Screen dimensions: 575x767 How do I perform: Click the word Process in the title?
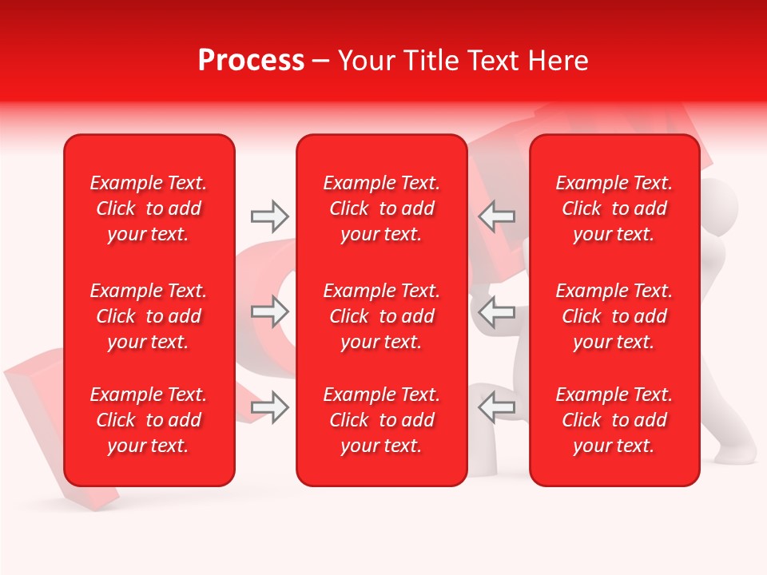pyautogui.click(x=251, y=61)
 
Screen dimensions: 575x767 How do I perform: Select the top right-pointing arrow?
pyautogui.click(x=269, y=216)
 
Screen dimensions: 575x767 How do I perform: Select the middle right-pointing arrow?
pyautogui.click(x=269, y=311)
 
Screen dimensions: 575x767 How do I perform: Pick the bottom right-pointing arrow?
pyautogui.click(x=269, y=407)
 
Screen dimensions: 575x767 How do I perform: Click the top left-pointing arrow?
pyautogui.click(x=497, y=216)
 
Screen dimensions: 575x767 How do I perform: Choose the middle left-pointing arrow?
pyautogui.click(x=497, y=311)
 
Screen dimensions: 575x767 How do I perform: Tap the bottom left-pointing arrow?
pyautogui.click(x=497, y=407)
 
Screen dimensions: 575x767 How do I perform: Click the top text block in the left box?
pyautogui.click(x=149, y=208)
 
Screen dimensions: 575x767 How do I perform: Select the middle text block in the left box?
pyautogui.click(x=149, y=316)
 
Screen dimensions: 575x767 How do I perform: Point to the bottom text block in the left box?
pyautogui.click(x=149, y=420)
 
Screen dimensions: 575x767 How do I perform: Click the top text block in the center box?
pyautogui.click(x=381, y=208)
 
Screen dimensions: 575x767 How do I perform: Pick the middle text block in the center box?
pyautogui.click(x=381, y=316)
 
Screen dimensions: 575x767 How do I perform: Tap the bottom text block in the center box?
pyautogui.click(x=381, y=420)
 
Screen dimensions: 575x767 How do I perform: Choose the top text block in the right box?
pyautogui.click(x=614, y=208)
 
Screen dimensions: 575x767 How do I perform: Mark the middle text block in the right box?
pyautogui.click(x=614, y=316)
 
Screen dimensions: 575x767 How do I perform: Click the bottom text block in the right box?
pyautogui.click(x=614, y=420)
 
